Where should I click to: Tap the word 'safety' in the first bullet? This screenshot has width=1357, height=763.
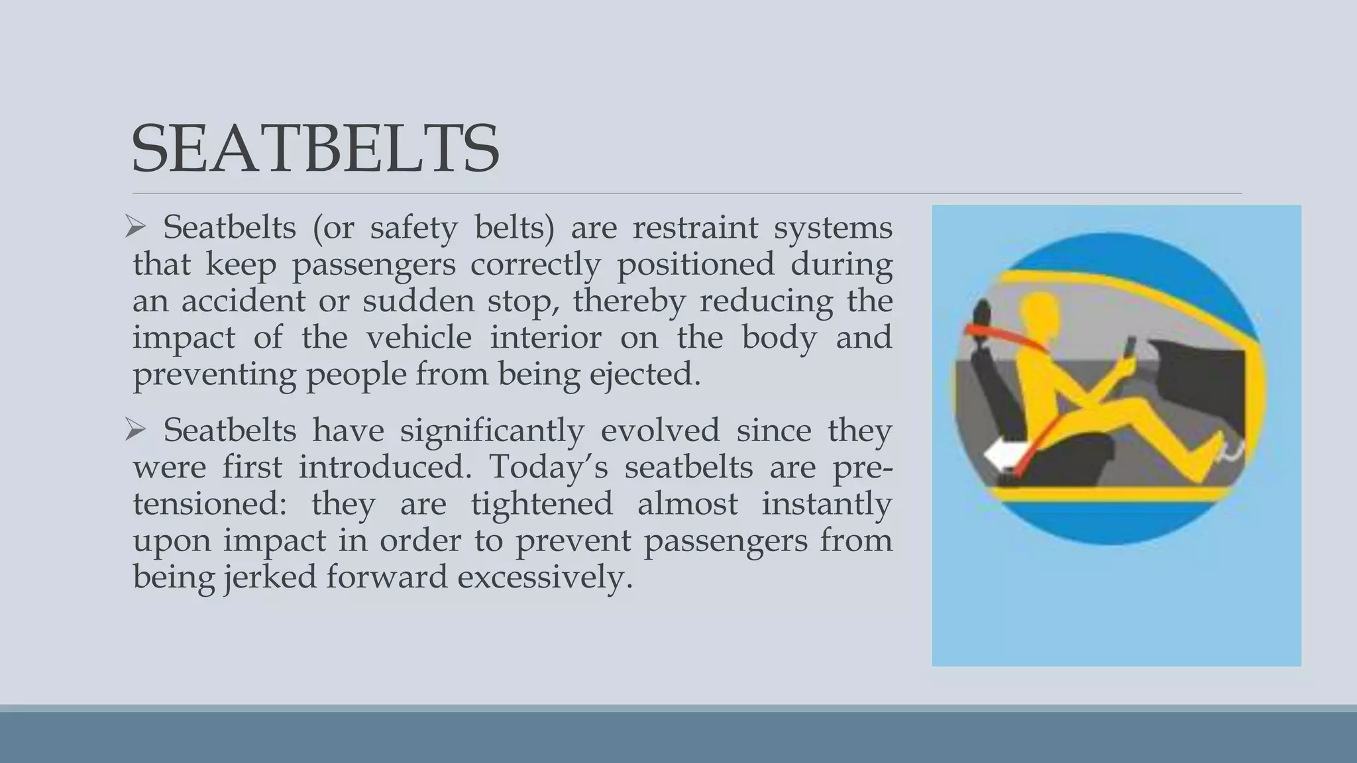413,229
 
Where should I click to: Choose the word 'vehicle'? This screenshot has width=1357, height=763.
419,338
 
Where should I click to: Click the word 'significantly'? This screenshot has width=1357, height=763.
492,431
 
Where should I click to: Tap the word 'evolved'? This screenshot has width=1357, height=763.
659,431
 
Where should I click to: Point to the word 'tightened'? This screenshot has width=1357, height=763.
541,504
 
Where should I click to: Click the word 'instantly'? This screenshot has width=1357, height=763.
826,504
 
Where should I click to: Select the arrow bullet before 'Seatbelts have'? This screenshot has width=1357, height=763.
135,431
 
